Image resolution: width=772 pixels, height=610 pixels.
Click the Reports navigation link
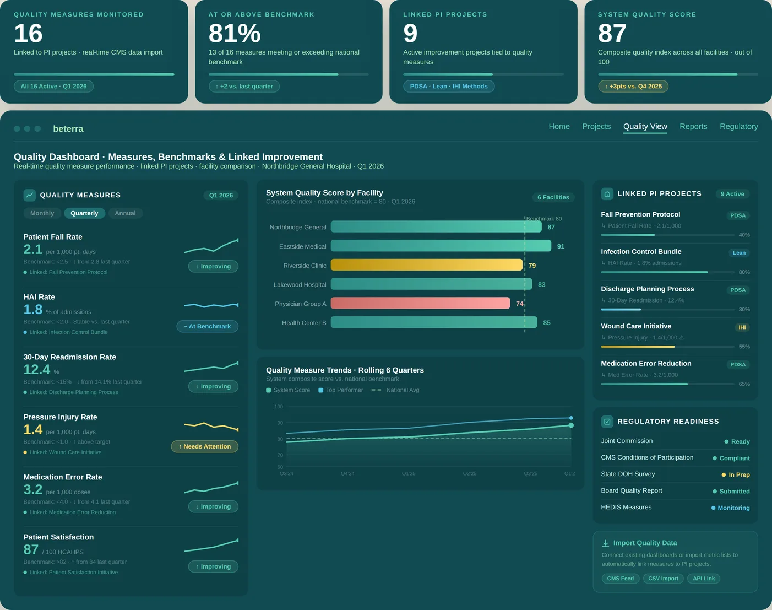(693, 127)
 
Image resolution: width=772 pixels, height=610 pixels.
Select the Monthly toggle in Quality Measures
(42, 213)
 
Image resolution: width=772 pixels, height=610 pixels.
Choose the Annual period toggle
(125, 213)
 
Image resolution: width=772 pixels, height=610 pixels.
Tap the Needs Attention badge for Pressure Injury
(205, 446)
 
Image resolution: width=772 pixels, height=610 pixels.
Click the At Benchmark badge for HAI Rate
(207, 326)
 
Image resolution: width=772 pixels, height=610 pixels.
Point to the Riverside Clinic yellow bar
(426, 265)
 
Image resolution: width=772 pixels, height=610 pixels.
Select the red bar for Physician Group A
(420, 303)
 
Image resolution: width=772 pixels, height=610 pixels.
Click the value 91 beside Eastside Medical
(561, 246)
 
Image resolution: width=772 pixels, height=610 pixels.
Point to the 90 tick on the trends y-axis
(280, 423)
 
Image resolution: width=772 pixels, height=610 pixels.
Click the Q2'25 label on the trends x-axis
(469, 473)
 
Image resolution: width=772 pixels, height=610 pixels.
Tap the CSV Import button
(663, 579)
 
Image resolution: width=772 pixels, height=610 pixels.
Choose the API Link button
(703, 579)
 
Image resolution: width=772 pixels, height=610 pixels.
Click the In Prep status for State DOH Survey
(738, 474)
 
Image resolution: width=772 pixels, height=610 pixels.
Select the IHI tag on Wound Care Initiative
(742, 327)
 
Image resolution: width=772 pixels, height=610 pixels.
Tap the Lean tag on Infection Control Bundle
(739, 253)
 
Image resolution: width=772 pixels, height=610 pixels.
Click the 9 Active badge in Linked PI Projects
(732, 194)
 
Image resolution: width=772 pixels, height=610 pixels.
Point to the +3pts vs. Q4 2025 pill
(633, 87)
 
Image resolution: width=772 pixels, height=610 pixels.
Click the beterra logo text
(68, 129)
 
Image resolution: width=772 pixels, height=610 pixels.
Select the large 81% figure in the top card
(234, 34)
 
